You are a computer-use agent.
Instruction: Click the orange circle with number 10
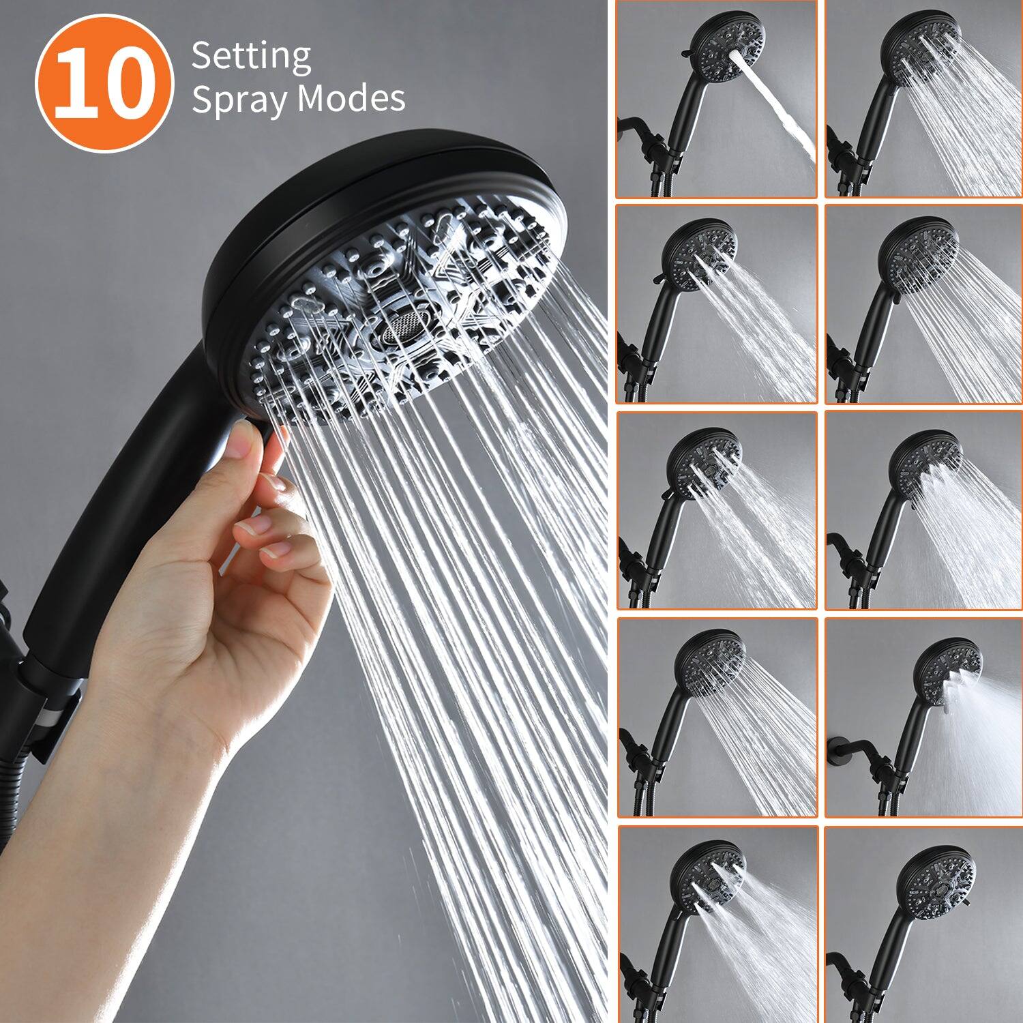(x=104, y=84)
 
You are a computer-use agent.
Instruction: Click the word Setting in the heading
(x=251, y=57)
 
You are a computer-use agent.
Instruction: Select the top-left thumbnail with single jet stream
(x=716, y=100)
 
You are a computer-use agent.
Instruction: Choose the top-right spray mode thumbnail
(x=923, y=100)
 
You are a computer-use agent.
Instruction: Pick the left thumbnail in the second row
(x=716, y=304)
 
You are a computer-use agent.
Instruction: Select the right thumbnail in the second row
(x=923, y=304)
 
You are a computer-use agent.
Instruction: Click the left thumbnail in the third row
(x=716, y=511)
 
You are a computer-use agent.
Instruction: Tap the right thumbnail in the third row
(x=923, y=511)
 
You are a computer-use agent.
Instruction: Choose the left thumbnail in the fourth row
(x=716, y=717)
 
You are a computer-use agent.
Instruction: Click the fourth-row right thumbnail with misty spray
(x=923, y=717)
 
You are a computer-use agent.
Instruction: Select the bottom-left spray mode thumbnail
(x=716, y=924)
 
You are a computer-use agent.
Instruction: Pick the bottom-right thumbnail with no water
(x=923, y=924)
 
